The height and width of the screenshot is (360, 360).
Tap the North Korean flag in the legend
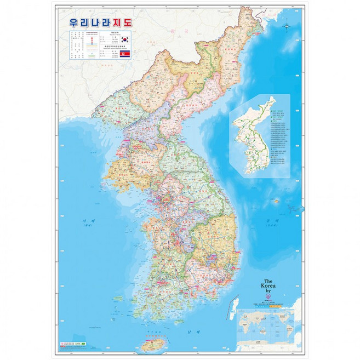coord(124,54)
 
